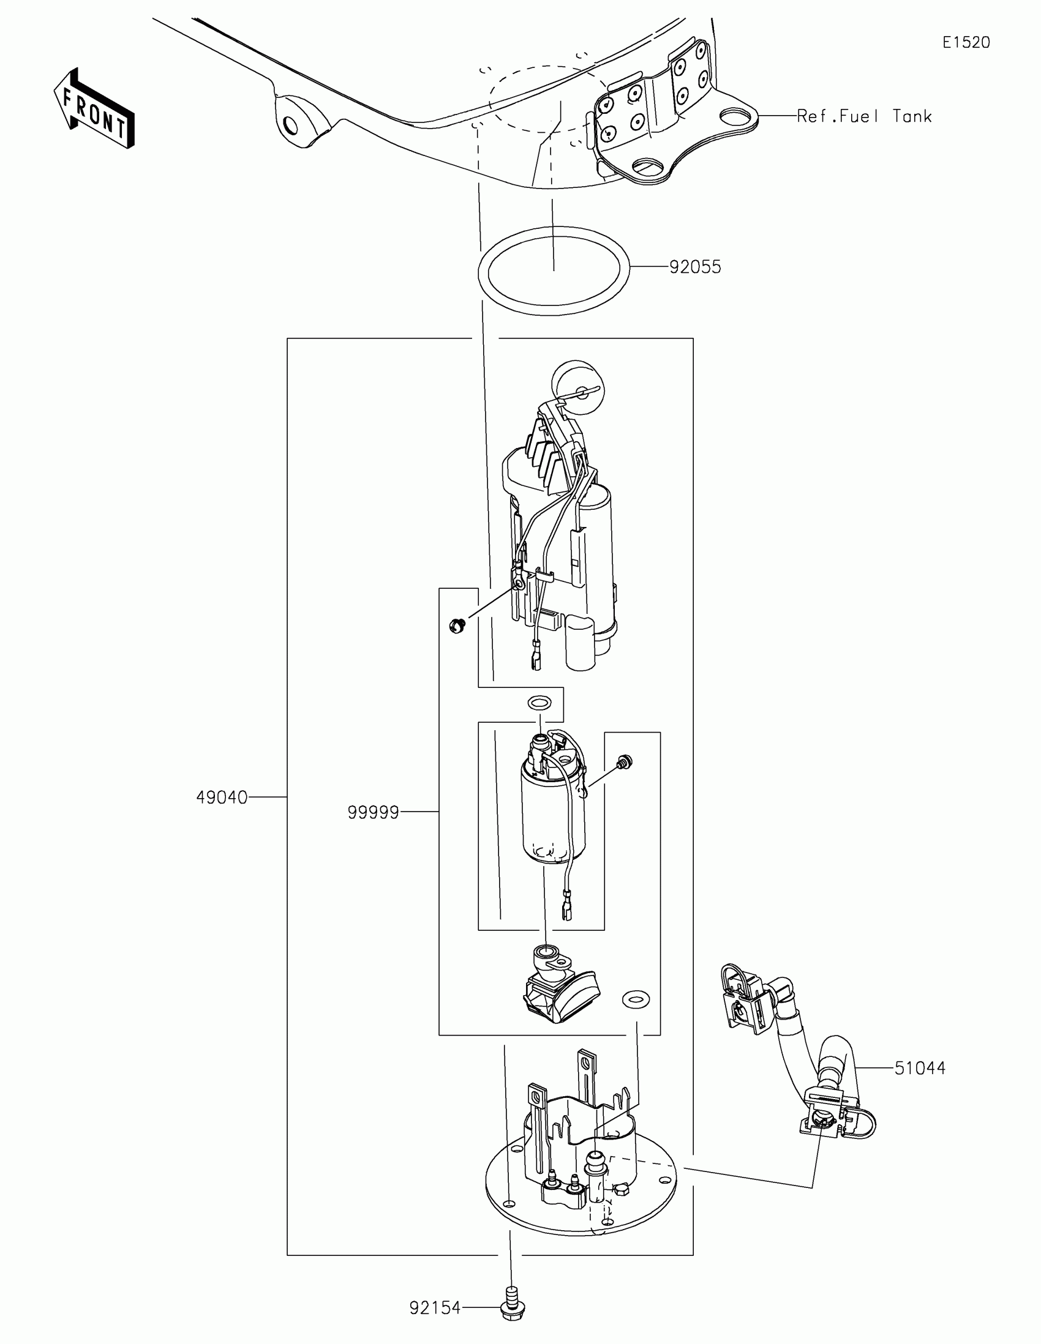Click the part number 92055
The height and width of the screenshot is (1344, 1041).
tap(695, 267)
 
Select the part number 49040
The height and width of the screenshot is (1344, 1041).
tap(222, 797)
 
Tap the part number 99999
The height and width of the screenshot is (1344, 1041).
tap(373, 813)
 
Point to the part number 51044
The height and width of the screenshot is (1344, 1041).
tap(920, 1068)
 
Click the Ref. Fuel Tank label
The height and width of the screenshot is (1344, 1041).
tap(864, 116)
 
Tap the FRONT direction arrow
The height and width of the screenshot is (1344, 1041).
tap(94, 109)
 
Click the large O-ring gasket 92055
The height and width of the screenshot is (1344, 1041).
tap(554, 307)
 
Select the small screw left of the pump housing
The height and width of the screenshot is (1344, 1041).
tap(457, 627)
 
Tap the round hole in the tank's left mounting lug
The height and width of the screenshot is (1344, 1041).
tap(291, 126)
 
